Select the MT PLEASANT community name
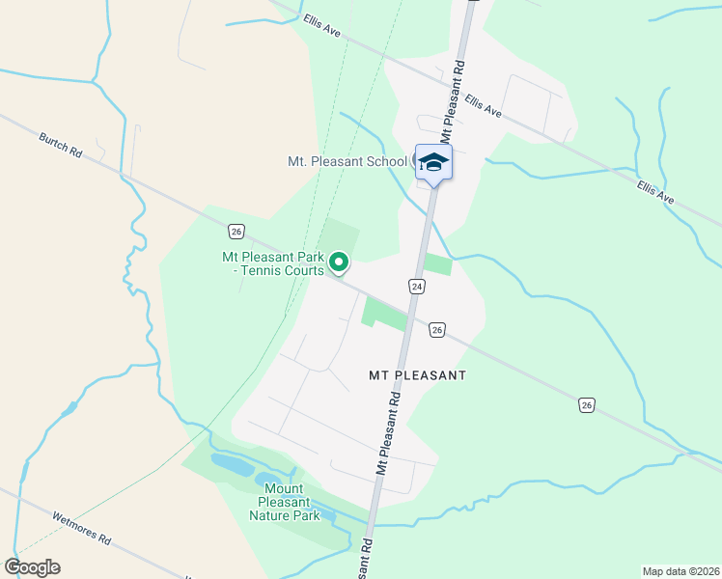tap(417, 374)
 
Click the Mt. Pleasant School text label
tap(347, 161)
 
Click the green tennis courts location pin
tap(339, 261)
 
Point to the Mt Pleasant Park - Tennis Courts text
tap(273, 263)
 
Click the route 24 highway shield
tap(416, 287)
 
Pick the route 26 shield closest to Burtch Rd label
tap(236, 231)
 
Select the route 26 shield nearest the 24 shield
tap(437, 330)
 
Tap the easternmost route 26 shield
tap(587, 404)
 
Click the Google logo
tap(32, 567)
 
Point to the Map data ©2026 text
tap(680, 571)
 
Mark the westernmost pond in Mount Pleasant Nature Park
tap(232, 464)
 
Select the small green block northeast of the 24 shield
tap(437, 264)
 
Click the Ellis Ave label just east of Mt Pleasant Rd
tap(483, 105)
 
